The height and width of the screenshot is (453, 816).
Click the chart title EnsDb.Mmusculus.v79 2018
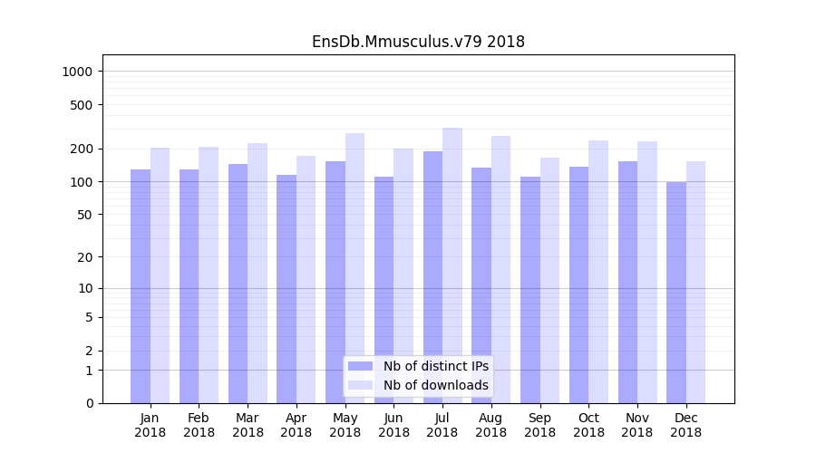(418, 42)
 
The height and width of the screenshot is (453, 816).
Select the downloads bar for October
(598, 272)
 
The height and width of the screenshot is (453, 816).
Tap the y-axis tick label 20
(84, 257)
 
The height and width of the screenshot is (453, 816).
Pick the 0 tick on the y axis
(88, 403)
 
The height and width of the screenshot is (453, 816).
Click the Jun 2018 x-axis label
(393, 425)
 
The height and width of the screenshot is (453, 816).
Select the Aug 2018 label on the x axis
(491, 425)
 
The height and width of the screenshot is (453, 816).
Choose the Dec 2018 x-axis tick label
(685, 425)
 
